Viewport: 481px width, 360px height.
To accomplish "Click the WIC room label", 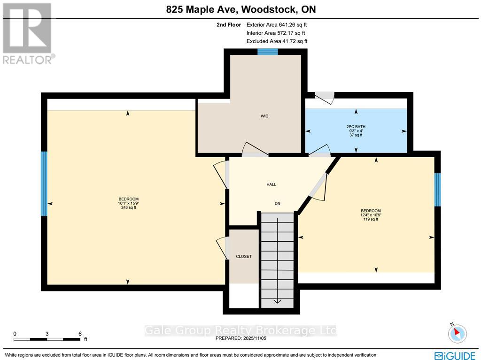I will (x=264, y=116).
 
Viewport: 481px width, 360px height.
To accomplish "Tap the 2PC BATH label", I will (x=356, y=127).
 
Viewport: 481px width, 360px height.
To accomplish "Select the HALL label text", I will (x=271, y=185).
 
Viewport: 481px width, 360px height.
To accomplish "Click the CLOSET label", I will (x=244, y=256).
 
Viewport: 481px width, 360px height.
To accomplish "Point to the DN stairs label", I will (x=278, y=203).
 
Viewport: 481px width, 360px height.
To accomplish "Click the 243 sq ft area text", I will (x=128, y=207).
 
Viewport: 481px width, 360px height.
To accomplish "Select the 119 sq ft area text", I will (x=371, y=219).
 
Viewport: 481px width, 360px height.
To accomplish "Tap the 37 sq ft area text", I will (x=356, y=135).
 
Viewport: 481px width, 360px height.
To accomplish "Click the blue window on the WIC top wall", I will (x=267, y=52).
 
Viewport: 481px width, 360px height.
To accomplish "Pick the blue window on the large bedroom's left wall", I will (x=44, y=184).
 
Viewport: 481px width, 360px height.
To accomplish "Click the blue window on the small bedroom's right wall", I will (x=437, y=190).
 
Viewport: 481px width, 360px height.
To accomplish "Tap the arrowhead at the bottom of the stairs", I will (x=278, y=302).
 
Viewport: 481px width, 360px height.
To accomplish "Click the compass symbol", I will (x=458, y=333).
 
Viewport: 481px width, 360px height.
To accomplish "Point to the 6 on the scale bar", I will (x=80, y=333).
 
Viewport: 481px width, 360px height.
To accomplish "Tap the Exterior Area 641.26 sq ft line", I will (x=277, y=25).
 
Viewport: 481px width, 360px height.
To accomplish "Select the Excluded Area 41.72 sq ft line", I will (x=277, y=42).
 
